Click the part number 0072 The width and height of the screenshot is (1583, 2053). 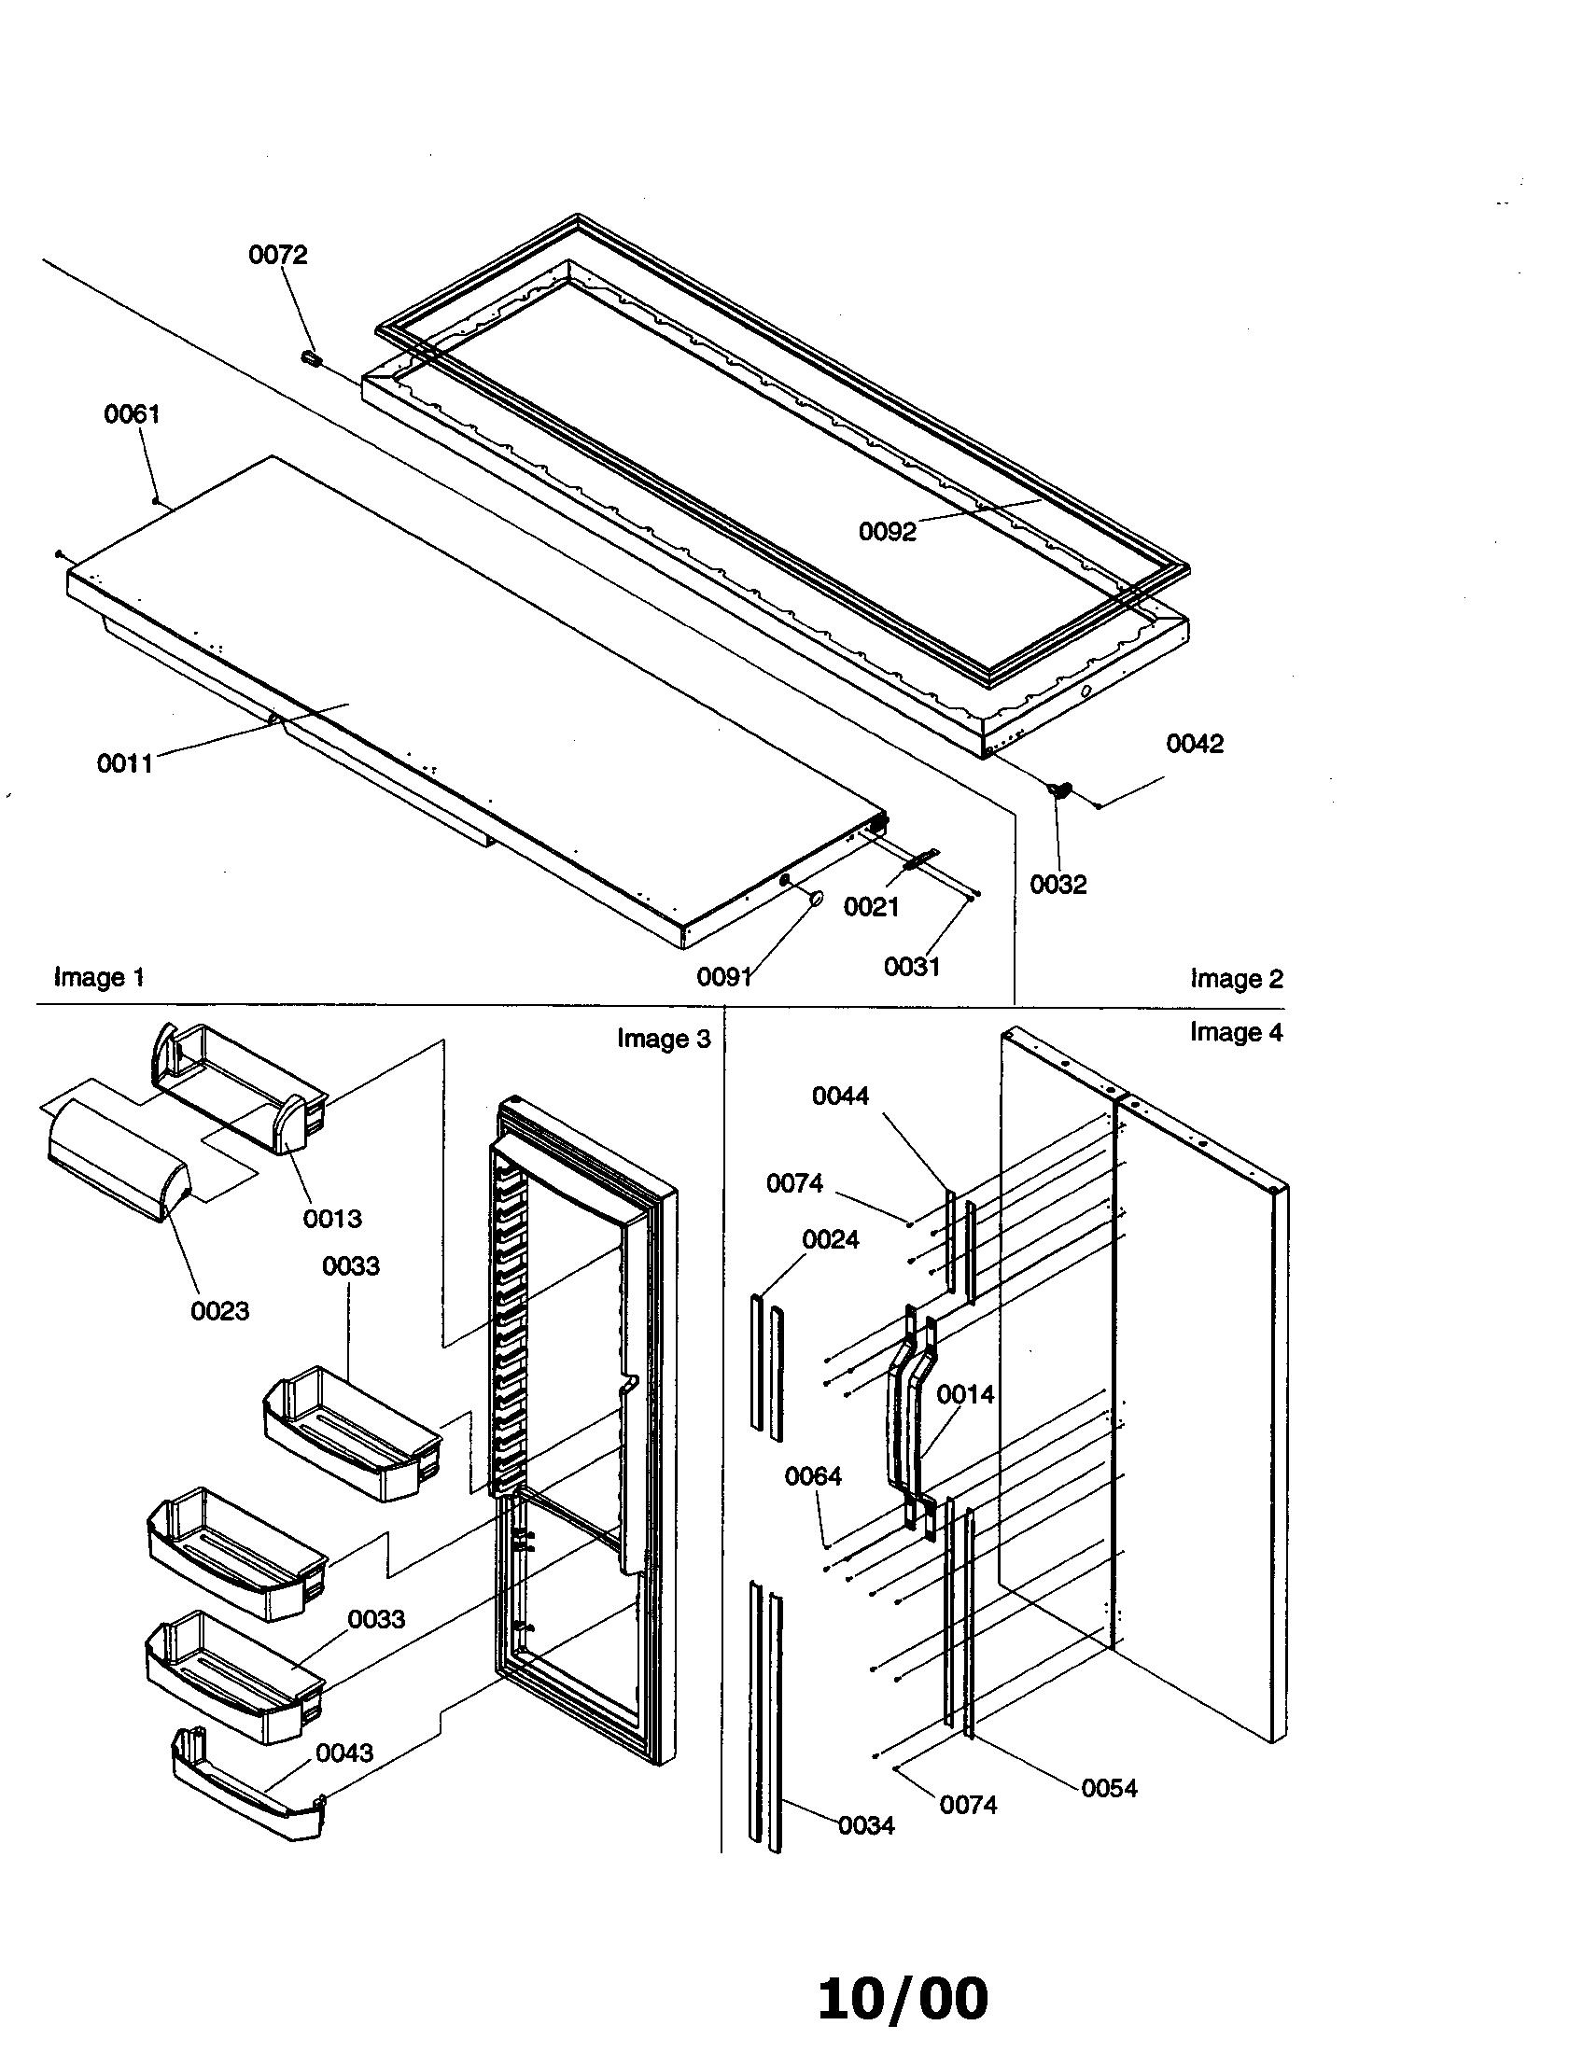pos(277,255)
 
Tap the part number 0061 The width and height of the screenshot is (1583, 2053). pos(132,413)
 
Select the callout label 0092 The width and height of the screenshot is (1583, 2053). pos(887,532)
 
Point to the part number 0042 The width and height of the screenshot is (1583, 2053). pos(1195,744)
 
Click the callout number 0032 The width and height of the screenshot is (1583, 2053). pos(1058,885)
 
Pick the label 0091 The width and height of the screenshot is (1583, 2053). pos(723,977)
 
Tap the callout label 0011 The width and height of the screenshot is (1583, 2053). pos(124,763)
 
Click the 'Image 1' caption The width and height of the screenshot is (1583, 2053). pos(99,977)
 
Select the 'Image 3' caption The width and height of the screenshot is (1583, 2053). pos(664,1038)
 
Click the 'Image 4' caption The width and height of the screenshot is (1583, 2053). pos(1235,1031)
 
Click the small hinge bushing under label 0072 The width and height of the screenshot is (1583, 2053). pos(311,358)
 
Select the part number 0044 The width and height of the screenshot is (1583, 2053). pos(840,1096)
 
